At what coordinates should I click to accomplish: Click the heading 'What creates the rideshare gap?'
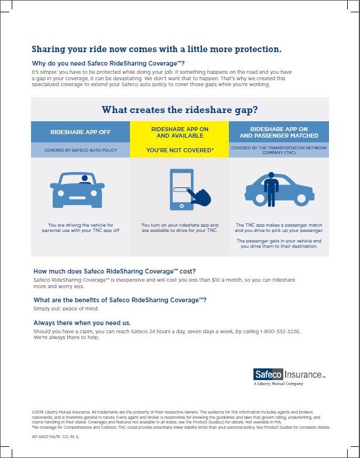[x=180, y=110]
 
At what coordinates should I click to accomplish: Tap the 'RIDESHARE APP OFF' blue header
[x=80, y=132]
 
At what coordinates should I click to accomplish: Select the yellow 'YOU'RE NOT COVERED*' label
[x=180, y=150]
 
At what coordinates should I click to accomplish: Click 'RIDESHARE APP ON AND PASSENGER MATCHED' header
[x=279, y=132]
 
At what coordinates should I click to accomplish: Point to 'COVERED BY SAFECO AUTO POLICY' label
[x=80, y=150]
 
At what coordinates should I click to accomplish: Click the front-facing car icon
[x=78, y=190]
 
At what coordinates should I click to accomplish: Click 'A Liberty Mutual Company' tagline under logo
[x=279, y=384]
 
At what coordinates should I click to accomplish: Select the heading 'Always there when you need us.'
[x=82, y=323]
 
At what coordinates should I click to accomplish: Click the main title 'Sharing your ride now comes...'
[x=156, y=49]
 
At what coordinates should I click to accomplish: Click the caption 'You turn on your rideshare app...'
[x=180, y=228]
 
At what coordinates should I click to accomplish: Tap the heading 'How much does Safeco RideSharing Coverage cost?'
[x=115, y=272]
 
